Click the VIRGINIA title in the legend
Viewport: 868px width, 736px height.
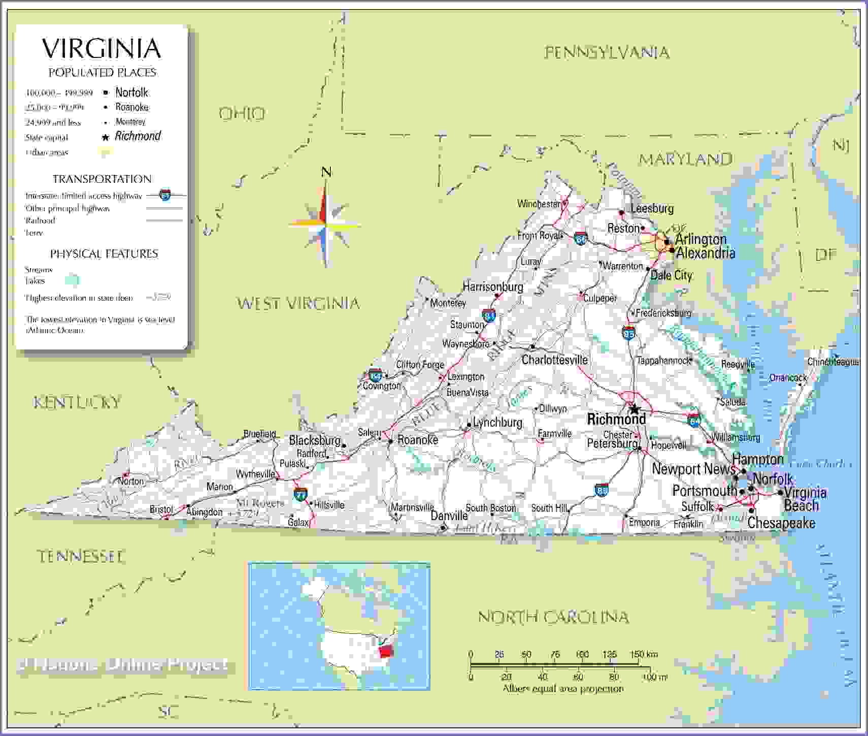[x=102, y=48]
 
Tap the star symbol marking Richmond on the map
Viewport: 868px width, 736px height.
[x=634, y=408]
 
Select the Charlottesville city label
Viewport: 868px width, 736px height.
[x=554, y=360]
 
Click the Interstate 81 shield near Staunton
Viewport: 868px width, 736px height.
[x=489, y=315]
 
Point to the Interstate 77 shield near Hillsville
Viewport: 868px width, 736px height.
[x=301, y=494]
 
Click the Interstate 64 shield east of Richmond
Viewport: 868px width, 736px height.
[x=694, y=420]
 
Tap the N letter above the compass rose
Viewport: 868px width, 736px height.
[x=326, y=172]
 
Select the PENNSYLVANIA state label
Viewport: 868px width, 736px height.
[x=607, y=52]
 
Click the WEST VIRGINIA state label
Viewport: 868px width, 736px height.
[x=298, y=304]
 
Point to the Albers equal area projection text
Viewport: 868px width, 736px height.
[x=563, y=689]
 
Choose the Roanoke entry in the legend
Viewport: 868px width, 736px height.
[x=132, y=107]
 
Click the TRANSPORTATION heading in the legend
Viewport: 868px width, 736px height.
[x=102, y=179]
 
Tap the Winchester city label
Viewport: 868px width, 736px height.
[x=539, y=204]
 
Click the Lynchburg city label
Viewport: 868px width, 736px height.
[x=497, y=423]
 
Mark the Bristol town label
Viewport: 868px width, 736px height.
[x=161, y=509]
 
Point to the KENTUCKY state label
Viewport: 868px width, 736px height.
[x=77, y=403]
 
